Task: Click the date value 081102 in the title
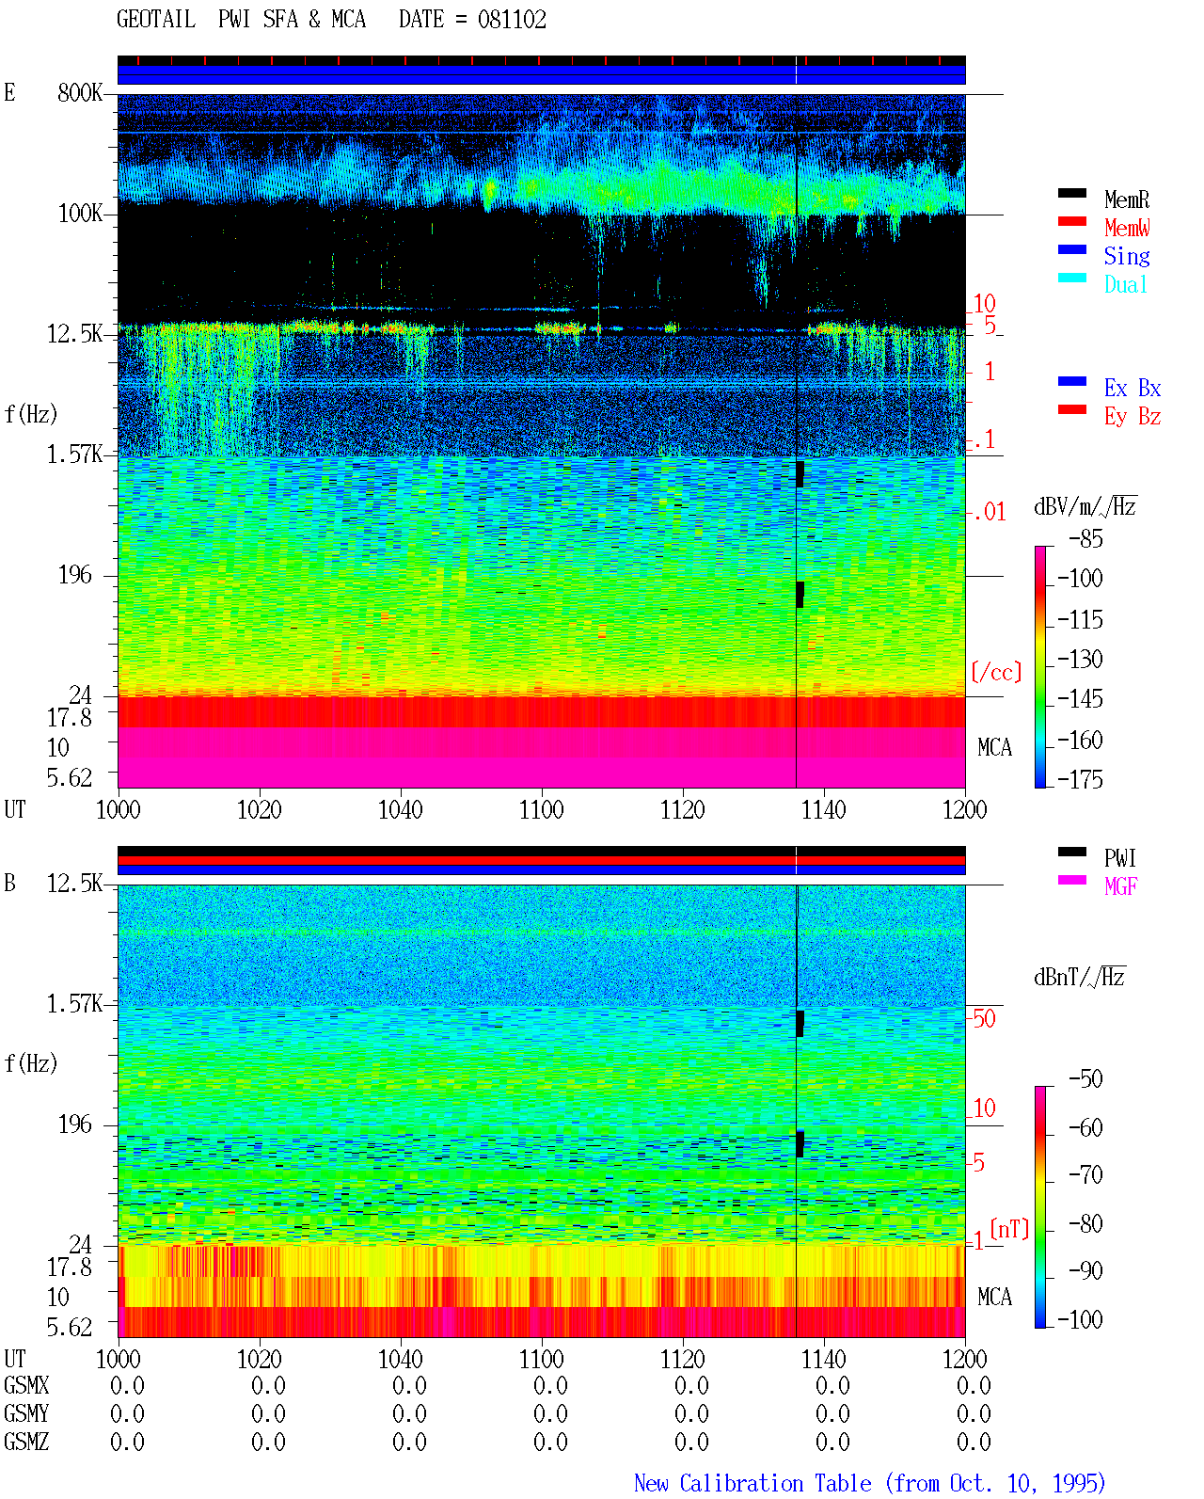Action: click(512, 20)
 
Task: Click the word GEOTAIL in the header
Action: click(156, 20)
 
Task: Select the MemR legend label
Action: click(1126, 199)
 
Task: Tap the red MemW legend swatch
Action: click(1071, 221)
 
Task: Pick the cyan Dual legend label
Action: click(1125, 284)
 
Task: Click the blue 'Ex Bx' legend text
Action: click(1133, 388)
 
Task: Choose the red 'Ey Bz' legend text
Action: click(1133, 417)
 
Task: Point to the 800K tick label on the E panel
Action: click(80, 93)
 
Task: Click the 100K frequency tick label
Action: click(80, 214)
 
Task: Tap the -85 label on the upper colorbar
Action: click(1085, 539)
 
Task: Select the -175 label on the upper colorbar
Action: click(1080, 779)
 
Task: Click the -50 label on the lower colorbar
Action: click(1085, 1079)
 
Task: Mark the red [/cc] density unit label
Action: click(996, 672)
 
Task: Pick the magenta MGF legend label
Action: click(1120, 886)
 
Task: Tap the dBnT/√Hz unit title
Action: click(1080, 978)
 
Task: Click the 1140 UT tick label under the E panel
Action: click(824, 810)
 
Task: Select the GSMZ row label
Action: click(26, 1442)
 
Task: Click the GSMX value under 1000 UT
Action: click(127, 1386)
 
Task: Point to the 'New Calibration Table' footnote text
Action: click(752, 1484)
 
